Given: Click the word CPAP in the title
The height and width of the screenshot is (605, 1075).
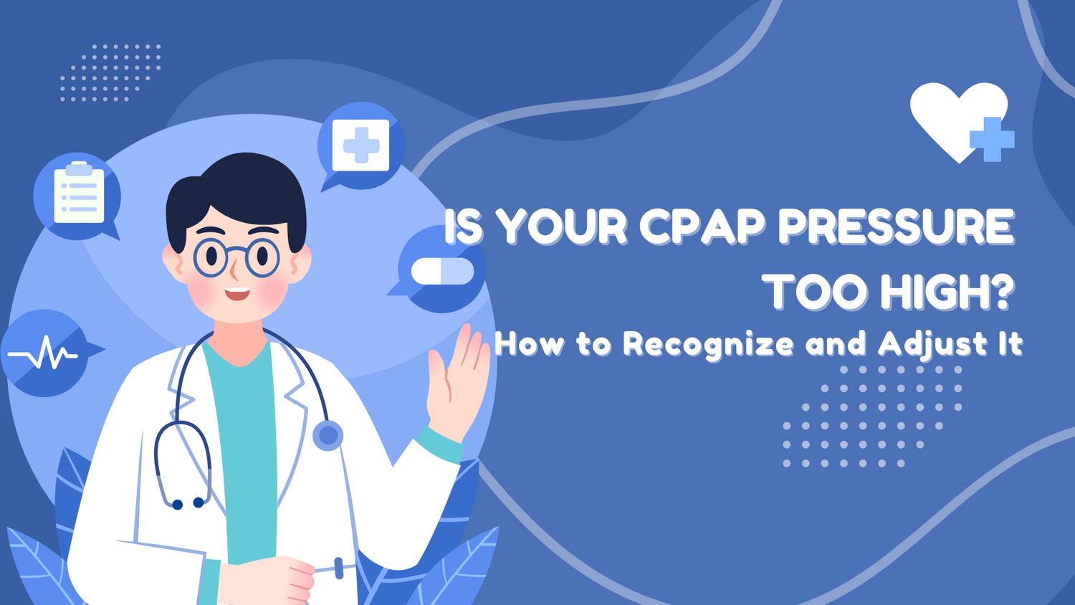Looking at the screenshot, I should tap(701, 227).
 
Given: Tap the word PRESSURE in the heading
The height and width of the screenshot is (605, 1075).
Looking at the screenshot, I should tap(896, 227).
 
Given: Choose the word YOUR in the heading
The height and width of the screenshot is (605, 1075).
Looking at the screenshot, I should tap(562, 227).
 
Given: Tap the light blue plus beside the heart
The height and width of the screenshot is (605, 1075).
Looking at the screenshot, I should tap(993, 139).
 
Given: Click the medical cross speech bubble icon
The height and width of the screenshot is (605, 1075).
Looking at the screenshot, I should tap(361, 145).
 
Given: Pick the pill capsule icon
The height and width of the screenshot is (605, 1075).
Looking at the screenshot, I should tap(442, 271).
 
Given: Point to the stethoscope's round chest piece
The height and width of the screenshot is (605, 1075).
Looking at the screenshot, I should tap(328, 435).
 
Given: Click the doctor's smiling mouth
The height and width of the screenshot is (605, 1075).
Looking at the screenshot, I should tap(237, 293).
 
